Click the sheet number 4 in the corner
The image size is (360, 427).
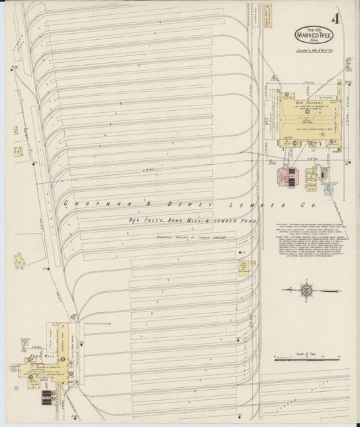tap(336, 18)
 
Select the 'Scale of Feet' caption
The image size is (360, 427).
tap(307, 353)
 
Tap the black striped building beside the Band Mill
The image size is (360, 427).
tap(46, 397)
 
